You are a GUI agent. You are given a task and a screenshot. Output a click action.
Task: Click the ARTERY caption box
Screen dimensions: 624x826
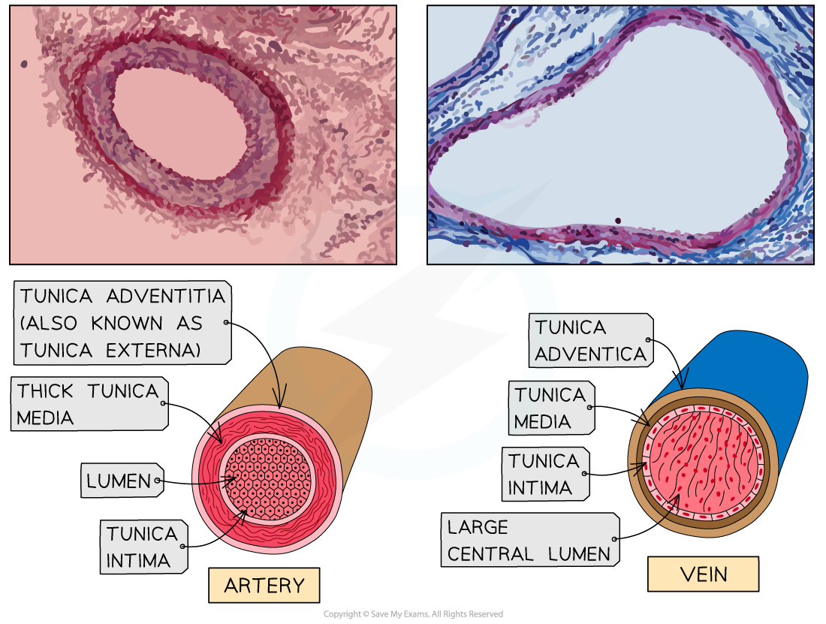(264, 586)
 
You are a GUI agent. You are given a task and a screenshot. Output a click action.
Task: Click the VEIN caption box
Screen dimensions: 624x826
(703, 574)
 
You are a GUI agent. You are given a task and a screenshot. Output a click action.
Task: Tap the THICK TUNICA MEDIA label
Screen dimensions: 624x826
(89, 404)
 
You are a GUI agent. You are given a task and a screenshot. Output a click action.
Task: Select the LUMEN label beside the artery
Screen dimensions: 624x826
(120, 481)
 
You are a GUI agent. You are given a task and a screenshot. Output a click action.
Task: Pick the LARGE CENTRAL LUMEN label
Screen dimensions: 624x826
(529, 541)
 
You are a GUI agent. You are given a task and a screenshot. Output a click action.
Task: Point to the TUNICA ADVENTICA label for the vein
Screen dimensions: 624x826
(590, 341)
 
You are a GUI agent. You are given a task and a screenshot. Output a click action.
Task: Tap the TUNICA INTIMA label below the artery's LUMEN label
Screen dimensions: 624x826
(143, 547)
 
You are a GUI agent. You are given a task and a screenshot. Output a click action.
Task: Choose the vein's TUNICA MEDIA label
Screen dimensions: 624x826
(550, 408)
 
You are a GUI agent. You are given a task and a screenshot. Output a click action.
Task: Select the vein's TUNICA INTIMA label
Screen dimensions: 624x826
(544, 475)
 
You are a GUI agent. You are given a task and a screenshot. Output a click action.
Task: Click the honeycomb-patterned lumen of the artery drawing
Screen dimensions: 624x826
(268, 480)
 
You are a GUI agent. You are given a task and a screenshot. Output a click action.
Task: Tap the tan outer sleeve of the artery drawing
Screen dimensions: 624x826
(330, 383)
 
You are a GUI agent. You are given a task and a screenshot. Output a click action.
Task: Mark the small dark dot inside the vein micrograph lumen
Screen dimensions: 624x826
(618, 221)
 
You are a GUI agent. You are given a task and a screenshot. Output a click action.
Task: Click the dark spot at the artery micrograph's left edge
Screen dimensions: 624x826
(24, 65)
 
